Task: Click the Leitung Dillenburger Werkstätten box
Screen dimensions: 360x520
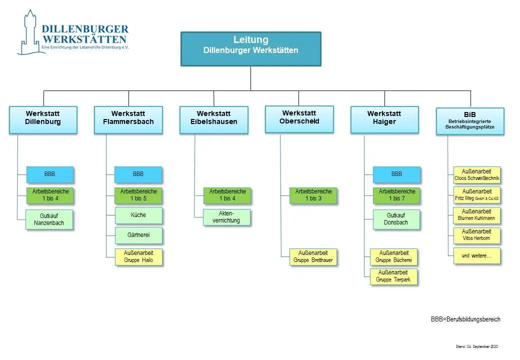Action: tap(250, 48)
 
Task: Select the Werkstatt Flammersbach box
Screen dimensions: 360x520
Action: tap(128, 119)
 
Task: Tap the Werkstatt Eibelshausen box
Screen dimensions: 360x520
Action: tap(213, 119)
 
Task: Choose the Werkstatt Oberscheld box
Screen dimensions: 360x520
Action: tap(299, 118)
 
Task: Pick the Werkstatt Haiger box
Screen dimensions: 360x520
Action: tap(384, 119)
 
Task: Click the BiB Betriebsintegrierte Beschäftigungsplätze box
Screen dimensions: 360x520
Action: tap(470, 121)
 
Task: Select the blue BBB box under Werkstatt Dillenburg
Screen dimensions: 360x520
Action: tap(49, 174)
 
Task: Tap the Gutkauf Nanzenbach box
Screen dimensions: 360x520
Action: tap(49, 219)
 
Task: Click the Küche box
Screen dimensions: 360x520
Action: tap(138, 215)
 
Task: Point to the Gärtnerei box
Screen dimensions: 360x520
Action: tap(138, 235)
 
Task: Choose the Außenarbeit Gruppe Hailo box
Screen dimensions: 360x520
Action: tap(138, 256)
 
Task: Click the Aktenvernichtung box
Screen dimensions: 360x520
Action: tap(227, 217)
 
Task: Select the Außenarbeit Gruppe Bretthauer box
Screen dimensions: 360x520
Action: tap(313, 256)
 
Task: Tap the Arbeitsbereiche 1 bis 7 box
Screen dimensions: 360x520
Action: tap(396, 195)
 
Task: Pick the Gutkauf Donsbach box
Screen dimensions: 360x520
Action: tap(396, 219)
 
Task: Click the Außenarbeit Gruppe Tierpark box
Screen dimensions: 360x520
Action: tap(393, 276)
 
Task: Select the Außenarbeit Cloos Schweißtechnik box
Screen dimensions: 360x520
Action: tap(476, 174)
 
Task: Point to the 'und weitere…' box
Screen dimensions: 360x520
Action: tap(476, 255)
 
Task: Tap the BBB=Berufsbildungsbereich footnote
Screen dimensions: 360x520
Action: tap(465, 319)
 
